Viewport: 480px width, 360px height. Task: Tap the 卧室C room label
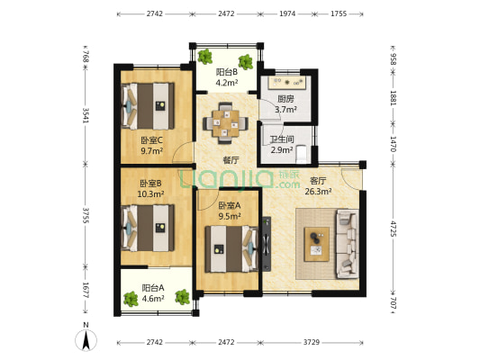tap(151, 140)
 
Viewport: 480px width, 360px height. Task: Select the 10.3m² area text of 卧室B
tap(150, 193)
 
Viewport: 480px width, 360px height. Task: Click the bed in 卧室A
tap(231, 248)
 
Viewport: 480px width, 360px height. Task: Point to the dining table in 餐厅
tap(226, 123)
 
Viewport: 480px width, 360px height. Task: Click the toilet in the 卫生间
tap(302, 154)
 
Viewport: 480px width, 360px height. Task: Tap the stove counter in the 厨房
tap(287, 82)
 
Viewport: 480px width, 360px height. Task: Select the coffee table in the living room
tap(316, 244)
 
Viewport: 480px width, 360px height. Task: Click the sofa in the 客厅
tap(347, 244)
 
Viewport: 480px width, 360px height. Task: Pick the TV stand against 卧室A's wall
tap(267, 244)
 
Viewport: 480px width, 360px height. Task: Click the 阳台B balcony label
tap(227, 72)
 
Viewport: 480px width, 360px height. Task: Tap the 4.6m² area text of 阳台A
tap(153, 298)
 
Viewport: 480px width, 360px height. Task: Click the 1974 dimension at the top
tap(287, 13)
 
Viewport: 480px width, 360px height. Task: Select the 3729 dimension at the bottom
tap(312, 342)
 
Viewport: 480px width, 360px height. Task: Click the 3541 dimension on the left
tap(86, 115)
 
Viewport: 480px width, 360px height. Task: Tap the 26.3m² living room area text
tap(319, 192)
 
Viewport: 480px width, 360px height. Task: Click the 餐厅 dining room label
tap(231, 160)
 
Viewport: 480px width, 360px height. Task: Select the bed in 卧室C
tap(149, 106)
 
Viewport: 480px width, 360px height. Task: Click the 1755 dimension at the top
tap(339, 13)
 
